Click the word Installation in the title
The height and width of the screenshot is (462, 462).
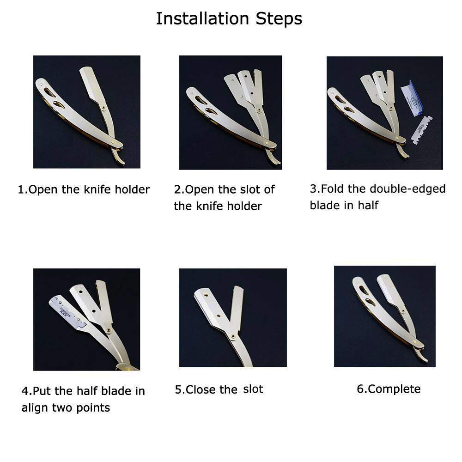click(202, 18)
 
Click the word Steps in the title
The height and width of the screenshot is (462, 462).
click(279, 19)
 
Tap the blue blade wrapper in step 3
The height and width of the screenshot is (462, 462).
click(413, 98)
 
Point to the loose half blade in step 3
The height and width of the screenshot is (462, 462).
click(422, 130)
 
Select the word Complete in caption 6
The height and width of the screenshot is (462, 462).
click(394, 389)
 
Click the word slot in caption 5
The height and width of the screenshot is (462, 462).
click(253, 389)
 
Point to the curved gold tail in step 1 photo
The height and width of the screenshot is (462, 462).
click(118, 156)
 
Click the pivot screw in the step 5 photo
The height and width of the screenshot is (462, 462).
click(233, 336)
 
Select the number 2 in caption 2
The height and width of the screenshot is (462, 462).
click(177, 189)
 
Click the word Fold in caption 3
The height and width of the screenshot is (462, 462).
click(333, 188)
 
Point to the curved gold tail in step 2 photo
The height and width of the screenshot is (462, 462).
click(274, 156)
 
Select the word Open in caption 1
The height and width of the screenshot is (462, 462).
click(43, 190)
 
